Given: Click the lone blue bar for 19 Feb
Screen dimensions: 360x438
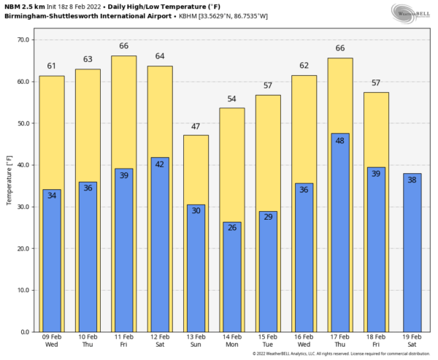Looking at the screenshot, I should [x=412, y=256].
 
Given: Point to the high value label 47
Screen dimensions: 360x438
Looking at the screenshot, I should [x=196, y=127].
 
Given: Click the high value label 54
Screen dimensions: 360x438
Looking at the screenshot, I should [x=232, y=99].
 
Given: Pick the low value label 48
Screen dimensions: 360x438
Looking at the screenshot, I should [x=340, y=141].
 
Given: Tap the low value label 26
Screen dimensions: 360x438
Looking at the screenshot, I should [x=232, y=229].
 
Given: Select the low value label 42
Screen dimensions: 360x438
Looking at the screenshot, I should [x=160, y=164].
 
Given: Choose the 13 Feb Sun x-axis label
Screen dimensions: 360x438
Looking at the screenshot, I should [x=196, y=341].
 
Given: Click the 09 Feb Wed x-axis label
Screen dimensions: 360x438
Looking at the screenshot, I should [x=52, y=341].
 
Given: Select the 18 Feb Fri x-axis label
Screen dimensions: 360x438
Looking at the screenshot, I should [x=376, y=341].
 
